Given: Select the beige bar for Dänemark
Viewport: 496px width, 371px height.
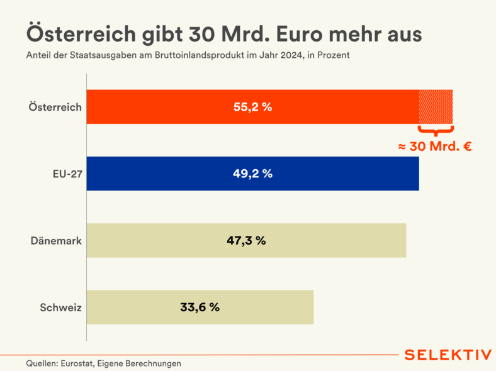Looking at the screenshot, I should pos(315,240).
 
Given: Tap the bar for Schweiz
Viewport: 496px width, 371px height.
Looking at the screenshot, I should pos(264,307).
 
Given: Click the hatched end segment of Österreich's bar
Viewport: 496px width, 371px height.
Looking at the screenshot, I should pos(436,107).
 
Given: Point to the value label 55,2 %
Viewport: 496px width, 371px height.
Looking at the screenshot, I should pos(252,107).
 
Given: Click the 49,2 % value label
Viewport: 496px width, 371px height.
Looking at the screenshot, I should pos(252,174).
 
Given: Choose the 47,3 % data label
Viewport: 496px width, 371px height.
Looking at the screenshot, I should pos(246,240).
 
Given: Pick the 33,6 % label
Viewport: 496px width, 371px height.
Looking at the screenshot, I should pos(200,307).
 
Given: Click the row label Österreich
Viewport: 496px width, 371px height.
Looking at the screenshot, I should pos(55,107).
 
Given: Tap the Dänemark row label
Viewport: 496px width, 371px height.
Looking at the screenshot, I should pos(56,240).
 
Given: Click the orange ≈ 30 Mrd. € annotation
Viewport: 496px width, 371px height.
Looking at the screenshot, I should pos(435,147).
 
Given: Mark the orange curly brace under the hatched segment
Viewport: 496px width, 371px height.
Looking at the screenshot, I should pos(436,131).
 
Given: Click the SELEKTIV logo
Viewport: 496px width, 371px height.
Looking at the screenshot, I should pos(448,355).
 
